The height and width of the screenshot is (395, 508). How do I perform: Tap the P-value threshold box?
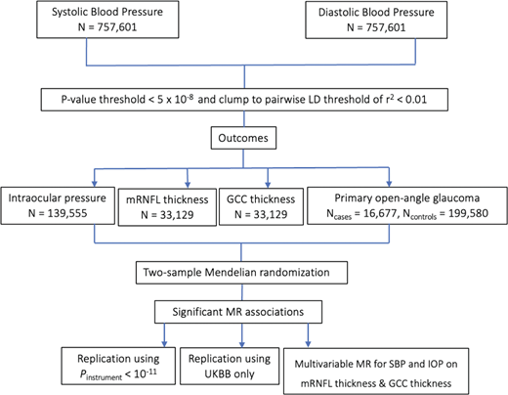[253, 98]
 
